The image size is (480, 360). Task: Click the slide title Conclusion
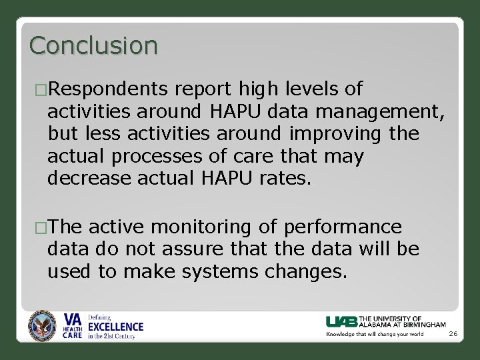(94, 45)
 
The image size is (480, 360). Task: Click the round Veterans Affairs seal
(43, 326)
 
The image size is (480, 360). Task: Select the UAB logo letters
(341, 321)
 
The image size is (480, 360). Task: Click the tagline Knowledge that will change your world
(375, 334)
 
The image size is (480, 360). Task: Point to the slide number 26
(453, 334)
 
